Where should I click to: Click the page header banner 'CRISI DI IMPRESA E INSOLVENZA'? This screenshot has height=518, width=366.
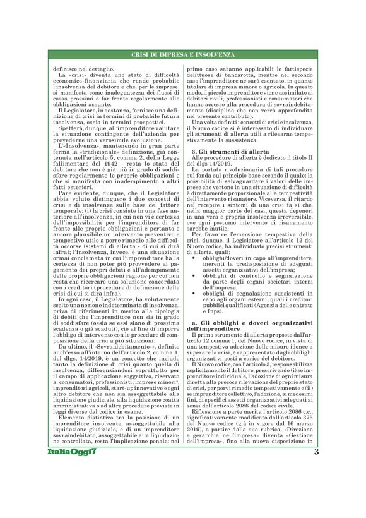click(x=182, y=56)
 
